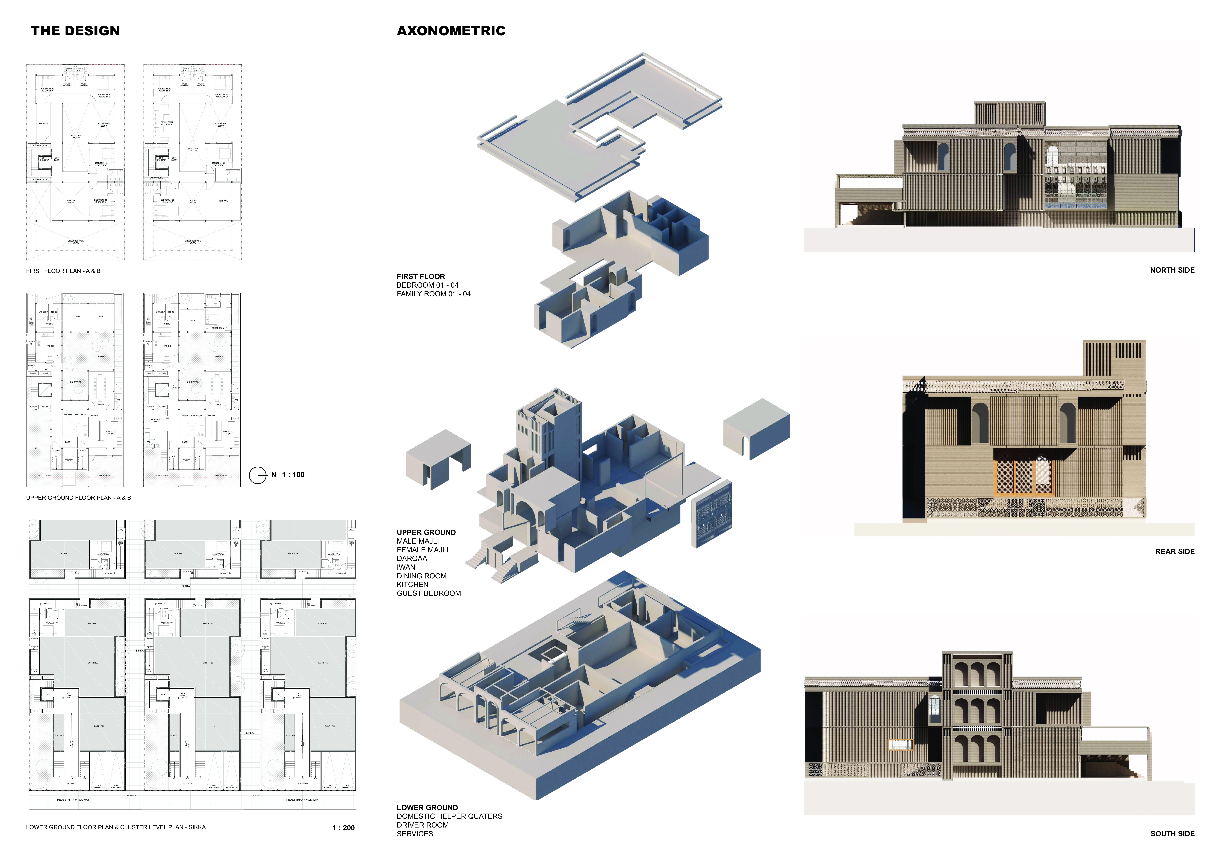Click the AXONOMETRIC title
coord(451,31)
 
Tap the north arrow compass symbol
coord(258,475)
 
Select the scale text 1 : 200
coord(343,828)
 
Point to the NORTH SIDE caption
coord(1172,270)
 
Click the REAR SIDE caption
coord(1175,551)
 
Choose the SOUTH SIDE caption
coord(1172,834)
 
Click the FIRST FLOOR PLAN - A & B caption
coord(63,271)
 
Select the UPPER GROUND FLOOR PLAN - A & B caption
coord(78,498)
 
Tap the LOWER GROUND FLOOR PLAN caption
coord(115,827)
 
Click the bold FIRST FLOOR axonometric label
coord(421,276)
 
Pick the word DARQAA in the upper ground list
coord(412,558)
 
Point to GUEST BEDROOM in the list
coord(429,593)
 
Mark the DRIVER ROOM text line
coord(422,825)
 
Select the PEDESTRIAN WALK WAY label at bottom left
coord(73,800)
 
